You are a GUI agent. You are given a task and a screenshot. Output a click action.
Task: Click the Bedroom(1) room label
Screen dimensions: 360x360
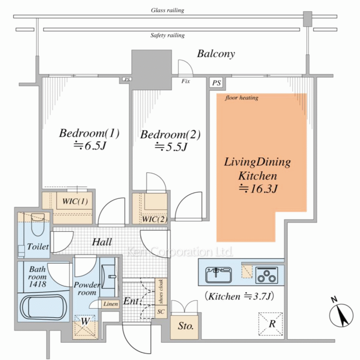[x=89, y=134]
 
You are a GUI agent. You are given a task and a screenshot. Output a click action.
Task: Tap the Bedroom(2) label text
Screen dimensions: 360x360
[x=170, y=135]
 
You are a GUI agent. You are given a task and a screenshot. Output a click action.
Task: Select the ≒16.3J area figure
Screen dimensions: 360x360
[x=258, y=188]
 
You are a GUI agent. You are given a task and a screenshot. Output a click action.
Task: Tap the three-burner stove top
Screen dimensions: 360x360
[x=267, y=275]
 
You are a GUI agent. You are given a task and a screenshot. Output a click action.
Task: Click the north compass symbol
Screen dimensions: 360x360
[x=341, y=315]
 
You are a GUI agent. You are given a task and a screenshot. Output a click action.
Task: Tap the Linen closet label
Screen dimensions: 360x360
[x=111, y=304]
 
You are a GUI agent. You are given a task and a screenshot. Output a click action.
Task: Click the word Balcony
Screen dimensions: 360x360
[x=216, y=54]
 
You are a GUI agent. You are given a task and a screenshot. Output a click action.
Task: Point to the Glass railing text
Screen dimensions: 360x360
[x=167, y=10]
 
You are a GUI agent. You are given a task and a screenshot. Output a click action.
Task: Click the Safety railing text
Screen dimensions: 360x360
[x=167, y=35]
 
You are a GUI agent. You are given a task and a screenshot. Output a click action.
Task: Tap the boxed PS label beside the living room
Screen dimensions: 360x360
[x=216, y=83]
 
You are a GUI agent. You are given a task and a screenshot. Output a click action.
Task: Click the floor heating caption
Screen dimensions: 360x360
[x=242, y=98]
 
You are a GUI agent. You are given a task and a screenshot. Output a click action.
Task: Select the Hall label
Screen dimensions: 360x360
[x=102, y=242]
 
